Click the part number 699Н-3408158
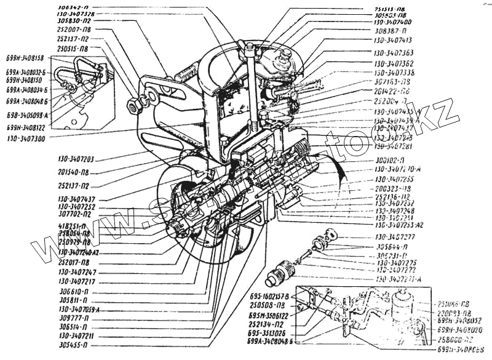[x=25, y=58]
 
